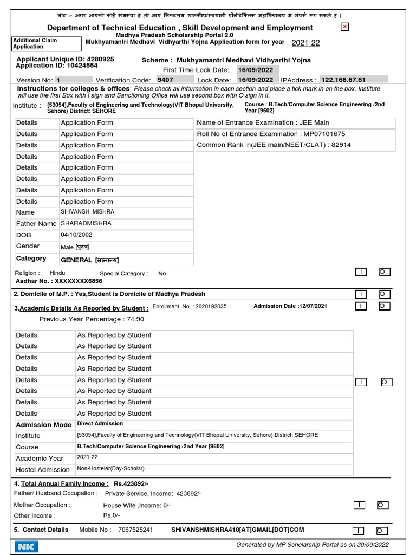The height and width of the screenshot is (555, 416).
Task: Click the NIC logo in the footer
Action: tap(25, 545)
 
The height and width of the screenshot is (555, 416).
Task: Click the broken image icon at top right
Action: tap(345, 27)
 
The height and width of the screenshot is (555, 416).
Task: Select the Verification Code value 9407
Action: tap(165, 80)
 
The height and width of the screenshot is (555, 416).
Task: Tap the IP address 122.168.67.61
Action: tap(343, 80)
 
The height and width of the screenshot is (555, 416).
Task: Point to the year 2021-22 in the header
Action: tap(306, 43)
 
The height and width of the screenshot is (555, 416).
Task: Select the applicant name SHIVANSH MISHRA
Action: tap(88, 212)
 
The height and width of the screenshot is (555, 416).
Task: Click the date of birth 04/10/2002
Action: tap(76, 235)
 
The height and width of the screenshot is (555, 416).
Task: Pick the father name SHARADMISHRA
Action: tap(86, 223)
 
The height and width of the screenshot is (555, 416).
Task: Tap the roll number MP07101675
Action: tap(324, 134)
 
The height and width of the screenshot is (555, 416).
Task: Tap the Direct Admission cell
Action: tap(100, 424)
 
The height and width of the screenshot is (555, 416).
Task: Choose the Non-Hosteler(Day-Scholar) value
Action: tap(110, 469)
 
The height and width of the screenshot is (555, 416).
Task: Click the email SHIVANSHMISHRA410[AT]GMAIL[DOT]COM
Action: tap(237, 530)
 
